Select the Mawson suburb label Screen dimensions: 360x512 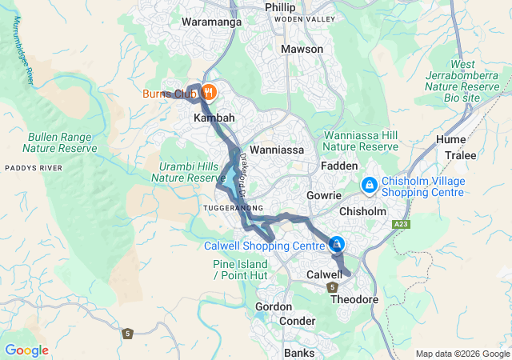click(x=302, y=50)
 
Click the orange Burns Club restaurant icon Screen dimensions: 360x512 click(x=208, y=92)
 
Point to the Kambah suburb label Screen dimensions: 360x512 click(x=214, y=118)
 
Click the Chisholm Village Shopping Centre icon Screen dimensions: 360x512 click(x=370, y=186)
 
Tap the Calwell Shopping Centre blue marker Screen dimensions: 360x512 click(x=338, y=244)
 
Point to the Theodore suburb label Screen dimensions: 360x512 click(x=354, y=299)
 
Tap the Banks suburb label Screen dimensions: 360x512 click(x=300, y=352)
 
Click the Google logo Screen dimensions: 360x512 click(x=26, y=350)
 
